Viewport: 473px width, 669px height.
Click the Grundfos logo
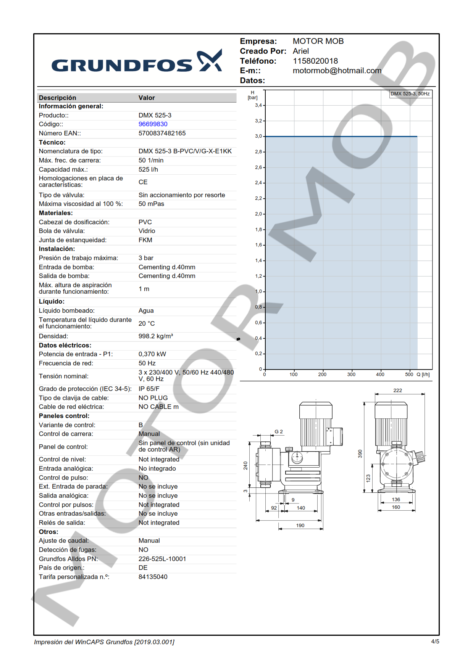136,62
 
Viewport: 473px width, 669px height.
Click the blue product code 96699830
153,124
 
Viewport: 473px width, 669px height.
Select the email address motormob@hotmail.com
337,71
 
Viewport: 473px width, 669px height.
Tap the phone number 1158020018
315,61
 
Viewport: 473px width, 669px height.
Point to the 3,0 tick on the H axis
258,136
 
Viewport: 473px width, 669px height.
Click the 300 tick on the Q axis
351,375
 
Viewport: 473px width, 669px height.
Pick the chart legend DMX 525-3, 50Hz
410,94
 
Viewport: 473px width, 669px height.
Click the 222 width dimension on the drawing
397,391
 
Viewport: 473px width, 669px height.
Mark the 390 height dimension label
360,454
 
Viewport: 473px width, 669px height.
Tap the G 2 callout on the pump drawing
279,432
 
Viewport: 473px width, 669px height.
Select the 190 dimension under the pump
300,526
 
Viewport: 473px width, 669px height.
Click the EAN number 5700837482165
162,133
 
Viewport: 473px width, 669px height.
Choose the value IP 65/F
149,389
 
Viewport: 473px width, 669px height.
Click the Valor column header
147,98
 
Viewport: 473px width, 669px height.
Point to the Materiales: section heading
56,213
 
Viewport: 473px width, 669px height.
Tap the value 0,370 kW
152,354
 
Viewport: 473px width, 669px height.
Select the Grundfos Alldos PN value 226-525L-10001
162,559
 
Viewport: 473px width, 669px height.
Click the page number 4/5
435,642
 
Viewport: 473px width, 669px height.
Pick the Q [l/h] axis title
423,375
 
